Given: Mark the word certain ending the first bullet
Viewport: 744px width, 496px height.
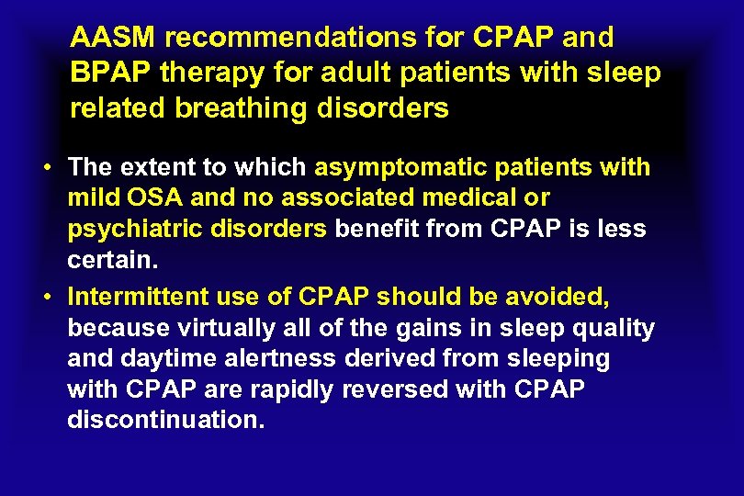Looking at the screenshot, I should pos(112,260).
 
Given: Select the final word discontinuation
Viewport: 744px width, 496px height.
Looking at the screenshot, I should pos(165,420).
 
